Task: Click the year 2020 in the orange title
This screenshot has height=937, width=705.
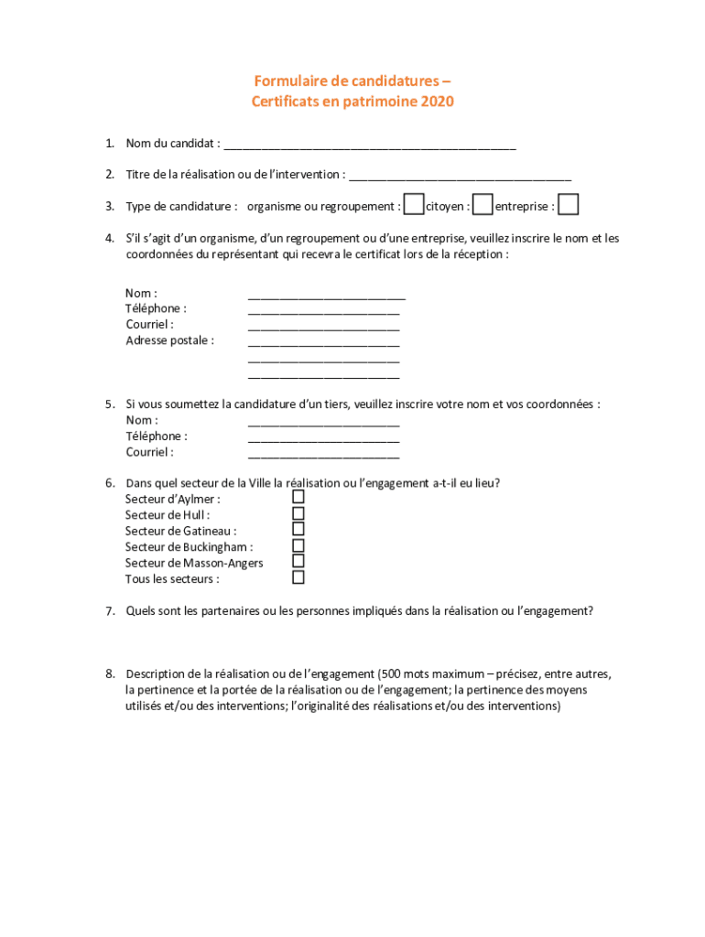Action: [x=437, y=102]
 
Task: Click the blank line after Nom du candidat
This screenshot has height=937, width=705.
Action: [x=370, y=145]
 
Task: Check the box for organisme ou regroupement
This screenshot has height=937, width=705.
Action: [x=414, y=205]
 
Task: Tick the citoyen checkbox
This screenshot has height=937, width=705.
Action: [x=483, y=205]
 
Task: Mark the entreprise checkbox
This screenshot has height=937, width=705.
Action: [x=569, y=205]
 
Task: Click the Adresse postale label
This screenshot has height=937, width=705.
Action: [x=169, y=340]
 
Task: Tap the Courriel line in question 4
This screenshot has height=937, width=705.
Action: [x=323, y=328]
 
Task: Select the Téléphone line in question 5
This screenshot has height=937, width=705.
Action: [x=323, y=440]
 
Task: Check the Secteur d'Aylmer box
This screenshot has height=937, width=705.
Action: [x=298, y=496]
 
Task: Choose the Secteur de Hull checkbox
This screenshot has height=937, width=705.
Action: [x=298, y=512]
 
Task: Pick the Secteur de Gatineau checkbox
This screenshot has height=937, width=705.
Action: [x=298, y=529]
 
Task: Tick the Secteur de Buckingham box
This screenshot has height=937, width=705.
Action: [x=298, y=545]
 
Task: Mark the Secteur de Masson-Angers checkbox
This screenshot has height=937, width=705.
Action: [x=298, y=561]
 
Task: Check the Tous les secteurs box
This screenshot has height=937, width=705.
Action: [x=298, y=577]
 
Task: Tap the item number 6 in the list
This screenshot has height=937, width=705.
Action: [x=109, y=483]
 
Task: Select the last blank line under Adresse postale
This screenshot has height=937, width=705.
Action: [x=323, y=376]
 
